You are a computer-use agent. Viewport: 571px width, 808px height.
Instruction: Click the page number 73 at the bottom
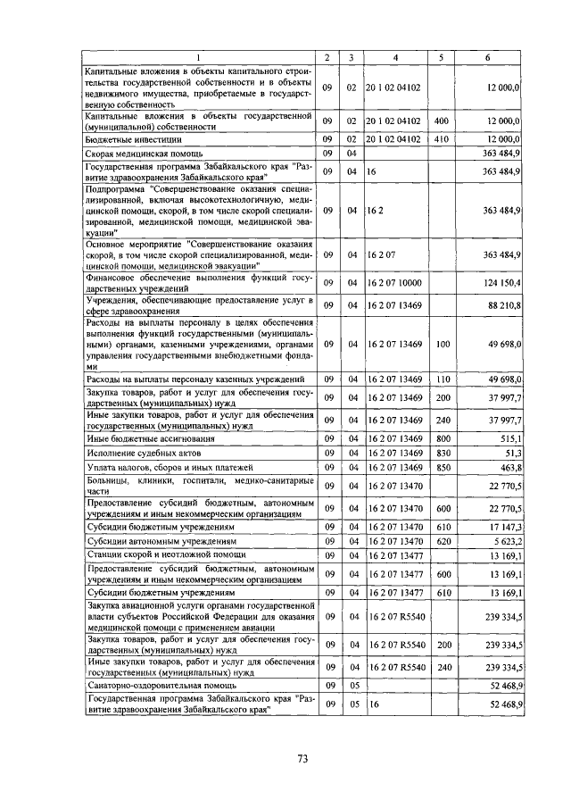302,759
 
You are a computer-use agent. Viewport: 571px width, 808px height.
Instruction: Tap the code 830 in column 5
440,454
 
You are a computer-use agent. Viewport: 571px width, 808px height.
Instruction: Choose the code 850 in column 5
440,468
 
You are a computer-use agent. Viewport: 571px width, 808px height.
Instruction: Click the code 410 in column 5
440,139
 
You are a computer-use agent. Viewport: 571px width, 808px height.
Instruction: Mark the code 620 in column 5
440,541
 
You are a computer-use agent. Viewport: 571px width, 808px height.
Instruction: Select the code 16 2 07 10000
393,283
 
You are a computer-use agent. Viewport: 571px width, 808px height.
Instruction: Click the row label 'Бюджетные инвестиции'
126,140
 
